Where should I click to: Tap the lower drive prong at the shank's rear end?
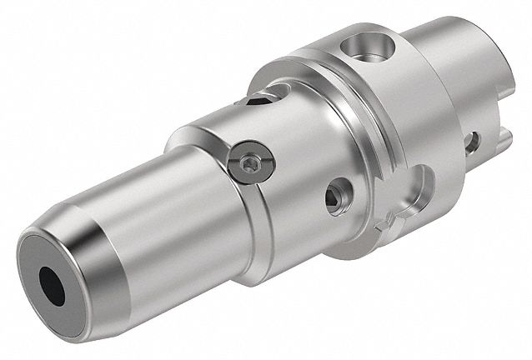tap(492, 133)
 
